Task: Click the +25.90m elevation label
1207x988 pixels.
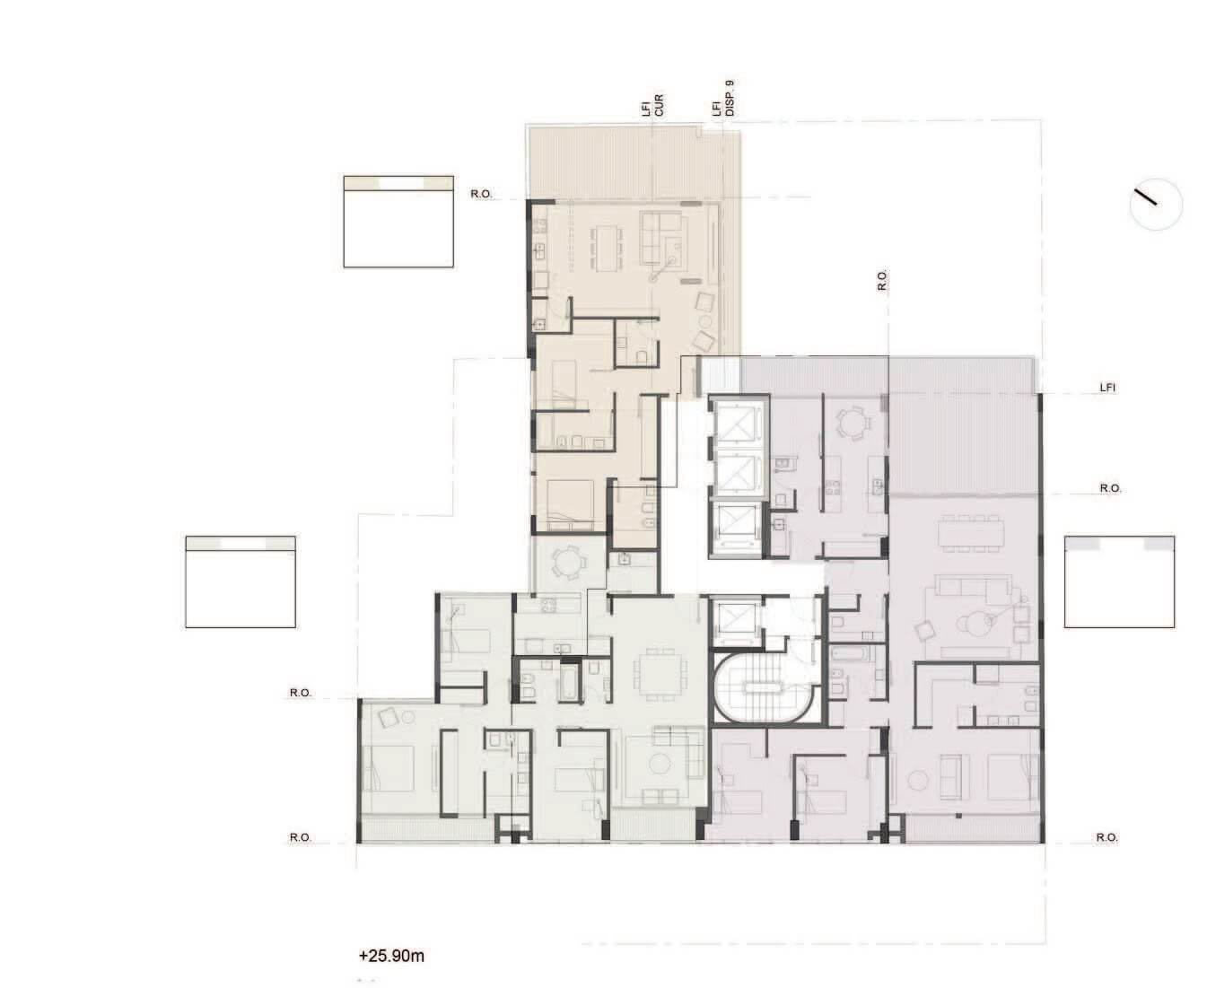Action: tap(391, 956)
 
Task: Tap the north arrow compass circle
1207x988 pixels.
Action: tap(1156, 205)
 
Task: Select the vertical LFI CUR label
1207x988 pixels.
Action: tap(652, 105)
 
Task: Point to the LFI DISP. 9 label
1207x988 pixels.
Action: tap(722, 99)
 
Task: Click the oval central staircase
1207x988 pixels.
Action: tap(761, 687)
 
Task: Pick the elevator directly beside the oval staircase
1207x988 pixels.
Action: tap(736, 621)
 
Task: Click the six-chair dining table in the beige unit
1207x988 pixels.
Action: tap(607, 248)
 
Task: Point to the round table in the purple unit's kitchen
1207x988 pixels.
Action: tap(853, 422)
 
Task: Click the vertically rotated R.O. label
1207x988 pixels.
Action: tap(881, 281)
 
